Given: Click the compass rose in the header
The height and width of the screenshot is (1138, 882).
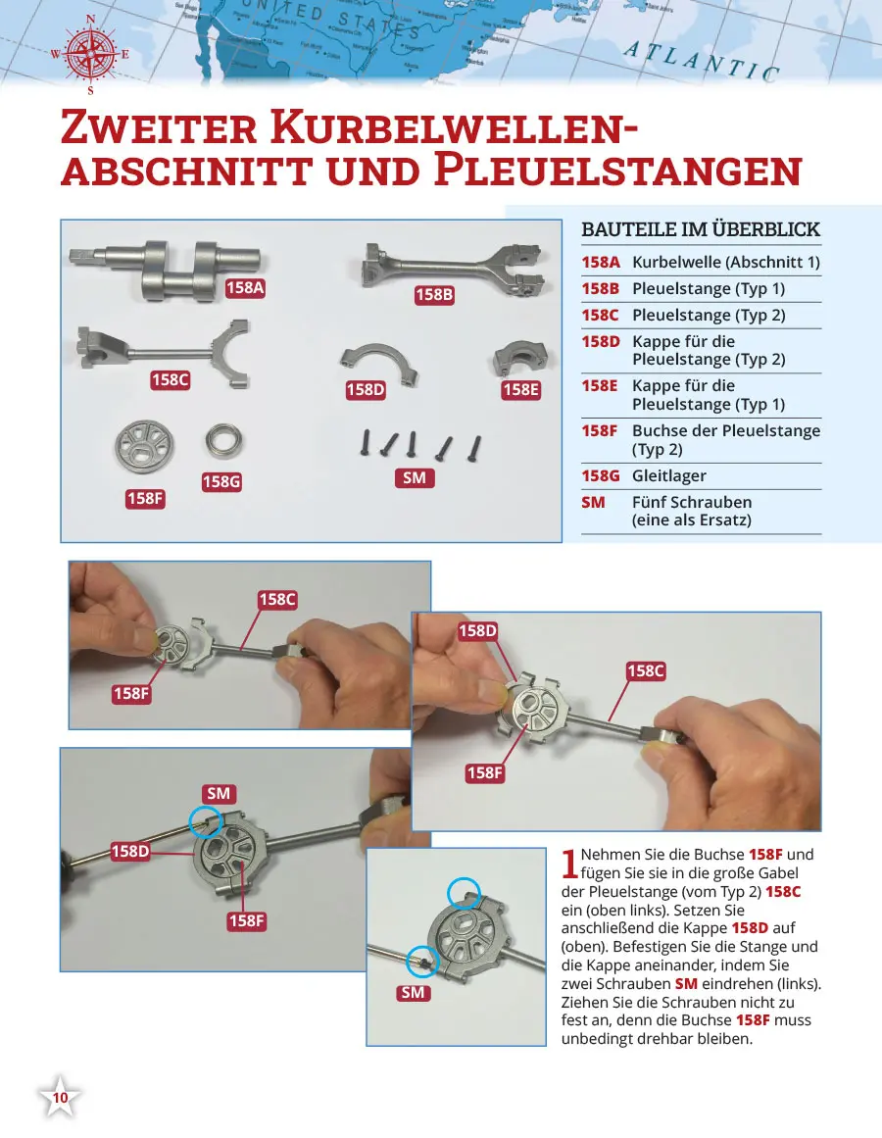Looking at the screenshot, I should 90,54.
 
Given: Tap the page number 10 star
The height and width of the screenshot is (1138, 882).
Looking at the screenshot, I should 61,1099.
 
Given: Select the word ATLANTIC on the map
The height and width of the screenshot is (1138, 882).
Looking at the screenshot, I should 702,61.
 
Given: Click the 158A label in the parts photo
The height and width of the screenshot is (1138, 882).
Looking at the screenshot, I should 246,287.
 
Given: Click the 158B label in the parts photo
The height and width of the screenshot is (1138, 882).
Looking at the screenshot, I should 434,294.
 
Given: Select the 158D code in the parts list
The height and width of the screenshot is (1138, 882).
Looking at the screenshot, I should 601,341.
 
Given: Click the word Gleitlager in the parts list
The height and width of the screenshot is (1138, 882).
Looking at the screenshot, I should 669,475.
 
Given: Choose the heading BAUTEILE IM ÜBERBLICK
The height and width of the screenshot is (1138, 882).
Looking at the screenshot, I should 701,229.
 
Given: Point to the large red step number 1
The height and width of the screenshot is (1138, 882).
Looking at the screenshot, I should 569,864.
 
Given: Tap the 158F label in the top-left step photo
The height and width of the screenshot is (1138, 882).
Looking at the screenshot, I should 132,693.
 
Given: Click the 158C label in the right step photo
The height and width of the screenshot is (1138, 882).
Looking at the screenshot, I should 646,670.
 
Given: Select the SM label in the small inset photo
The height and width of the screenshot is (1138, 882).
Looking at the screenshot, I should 413,993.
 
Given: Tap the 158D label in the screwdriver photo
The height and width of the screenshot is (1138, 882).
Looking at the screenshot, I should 129,851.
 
